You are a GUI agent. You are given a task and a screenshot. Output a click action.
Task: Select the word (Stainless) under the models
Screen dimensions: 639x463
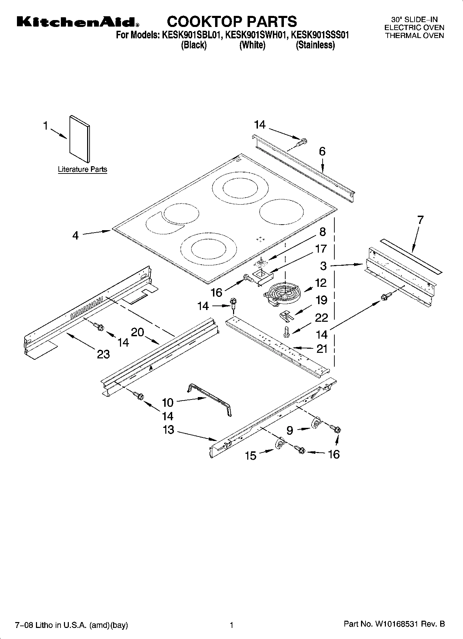(x=315, y=45)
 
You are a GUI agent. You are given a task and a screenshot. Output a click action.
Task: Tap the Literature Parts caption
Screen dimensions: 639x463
(x=82, y=169)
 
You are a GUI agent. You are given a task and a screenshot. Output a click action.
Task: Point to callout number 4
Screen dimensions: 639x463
(x=75, y=236)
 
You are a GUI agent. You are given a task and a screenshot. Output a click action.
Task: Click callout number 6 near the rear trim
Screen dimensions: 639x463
(x=322, y=151)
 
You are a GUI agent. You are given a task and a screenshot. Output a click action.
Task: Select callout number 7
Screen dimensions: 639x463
(x=420, y=220)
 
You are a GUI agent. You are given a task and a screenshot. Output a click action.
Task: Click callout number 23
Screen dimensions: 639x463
(x=103, y=354)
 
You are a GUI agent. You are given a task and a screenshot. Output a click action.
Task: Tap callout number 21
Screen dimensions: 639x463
(x=322, y=349)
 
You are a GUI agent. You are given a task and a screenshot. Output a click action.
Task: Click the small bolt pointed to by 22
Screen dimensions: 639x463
(x=286, y=331)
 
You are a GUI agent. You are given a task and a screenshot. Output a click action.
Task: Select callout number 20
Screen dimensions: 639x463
(x=137, y=332)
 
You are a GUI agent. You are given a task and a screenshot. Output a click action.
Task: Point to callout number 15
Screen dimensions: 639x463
(x=250, y=455)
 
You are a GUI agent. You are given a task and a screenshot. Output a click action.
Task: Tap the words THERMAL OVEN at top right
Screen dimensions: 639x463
(x=414, y=36)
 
